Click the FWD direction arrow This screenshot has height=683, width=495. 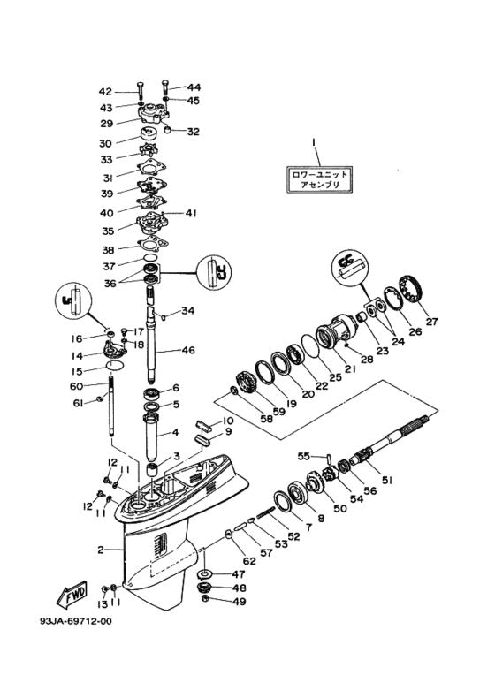tap(72, 594)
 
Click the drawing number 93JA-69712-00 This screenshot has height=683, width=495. tap(75, 621)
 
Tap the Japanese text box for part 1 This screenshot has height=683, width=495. tap(319, 179)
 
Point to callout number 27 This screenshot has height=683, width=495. tap(431, 322)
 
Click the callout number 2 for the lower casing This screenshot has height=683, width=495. tap(101, 550)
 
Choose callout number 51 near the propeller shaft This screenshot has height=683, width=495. tap(387, 480)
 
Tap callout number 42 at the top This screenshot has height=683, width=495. tap(105, 92)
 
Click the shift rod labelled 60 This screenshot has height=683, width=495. tap(110, 406)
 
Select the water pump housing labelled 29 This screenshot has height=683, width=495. tap(155, 111)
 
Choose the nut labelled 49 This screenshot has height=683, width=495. tap(205, 600)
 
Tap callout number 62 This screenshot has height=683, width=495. tap(249, 560)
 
